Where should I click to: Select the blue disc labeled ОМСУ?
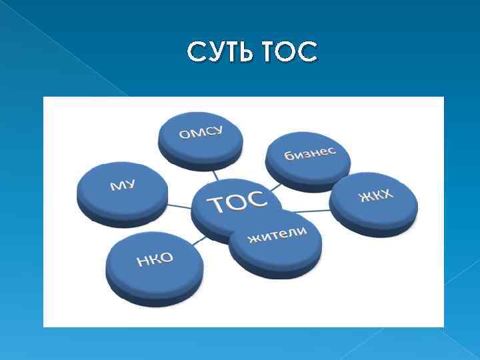coord(200,137)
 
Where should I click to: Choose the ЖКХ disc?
coord(375,198)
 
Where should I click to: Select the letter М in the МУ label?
coord(116,187)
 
